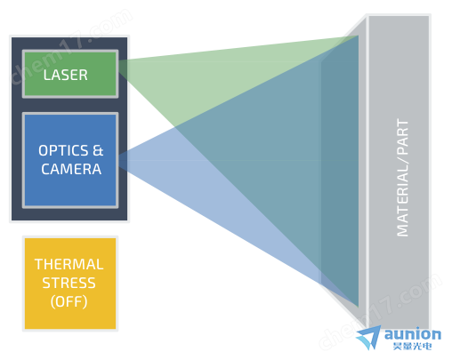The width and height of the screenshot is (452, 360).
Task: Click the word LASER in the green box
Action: tap(66, 75)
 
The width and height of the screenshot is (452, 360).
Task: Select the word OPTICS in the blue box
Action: tap(63, 150)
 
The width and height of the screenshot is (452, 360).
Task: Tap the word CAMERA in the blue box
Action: tap(71, 169)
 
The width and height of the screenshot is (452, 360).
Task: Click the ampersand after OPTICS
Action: tap(98, 150)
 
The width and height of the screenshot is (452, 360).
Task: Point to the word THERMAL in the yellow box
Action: tap(69, 264)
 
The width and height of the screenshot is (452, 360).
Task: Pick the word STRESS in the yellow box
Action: tap(69, 283)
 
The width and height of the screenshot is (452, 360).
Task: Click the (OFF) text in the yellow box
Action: tap(69, 301)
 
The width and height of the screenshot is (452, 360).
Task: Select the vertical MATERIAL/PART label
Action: tap(402, 178)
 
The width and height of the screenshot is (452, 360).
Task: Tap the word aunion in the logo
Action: tap(413, 334)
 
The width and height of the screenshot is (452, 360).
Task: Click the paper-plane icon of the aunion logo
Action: tap(368, 337)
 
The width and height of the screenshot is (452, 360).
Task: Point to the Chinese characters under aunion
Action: tap(412, 346)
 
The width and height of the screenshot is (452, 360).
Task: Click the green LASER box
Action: tap(70, 74)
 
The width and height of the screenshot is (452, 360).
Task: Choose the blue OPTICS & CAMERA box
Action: tap(70, 160)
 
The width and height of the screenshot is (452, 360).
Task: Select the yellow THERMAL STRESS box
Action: tap(70, 284)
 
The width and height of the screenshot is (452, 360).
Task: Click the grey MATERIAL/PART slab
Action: tap(399, 172)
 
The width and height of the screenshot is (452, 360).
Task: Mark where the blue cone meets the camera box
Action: tap(119, 161)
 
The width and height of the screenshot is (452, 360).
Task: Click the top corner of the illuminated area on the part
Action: tap(358, 36)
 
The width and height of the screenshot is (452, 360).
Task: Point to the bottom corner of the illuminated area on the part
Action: tap(358, 307)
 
